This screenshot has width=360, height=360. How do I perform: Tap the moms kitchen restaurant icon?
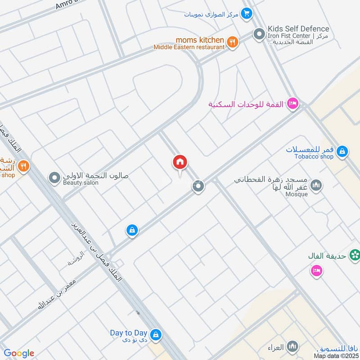pyautogui.click(x=232, y=42)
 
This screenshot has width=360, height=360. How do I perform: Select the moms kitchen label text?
pyautogui.click(x=200, y=40)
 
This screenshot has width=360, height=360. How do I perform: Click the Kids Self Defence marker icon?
pyautogui.click(x=259, y=33)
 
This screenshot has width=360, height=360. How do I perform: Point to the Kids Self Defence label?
pyautogui.click(x=298, y=29)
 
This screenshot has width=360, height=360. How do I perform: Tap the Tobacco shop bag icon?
pyautogui.click(x=342, y=152)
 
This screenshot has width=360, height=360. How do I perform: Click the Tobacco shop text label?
pyautogui.click(x=314, y=157)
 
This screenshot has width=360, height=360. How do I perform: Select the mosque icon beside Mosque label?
pyautogui.click(x=317, y=185)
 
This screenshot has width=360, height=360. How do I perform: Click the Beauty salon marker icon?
pyautogui.click(x=55, y=179)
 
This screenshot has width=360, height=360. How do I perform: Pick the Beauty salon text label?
pyautogui.click(x=81, y=183)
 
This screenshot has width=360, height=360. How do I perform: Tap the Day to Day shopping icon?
pyautogui.click(x=156, y=334)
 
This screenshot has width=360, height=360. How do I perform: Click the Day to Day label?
pyautogui.click(x=129, y=333)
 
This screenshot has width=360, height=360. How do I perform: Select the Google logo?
pyautogui.click(x=19, y=353)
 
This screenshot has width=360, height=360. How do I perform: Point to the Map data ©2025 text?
pyautogui.click(x=336, y=356)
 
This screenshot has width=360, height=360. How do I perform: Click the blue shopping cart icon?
pyautogui.click(x=246, y=14)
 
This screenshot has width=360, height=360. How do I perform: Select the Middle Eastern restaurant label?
pyautogui.click(x=189, y=47)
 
